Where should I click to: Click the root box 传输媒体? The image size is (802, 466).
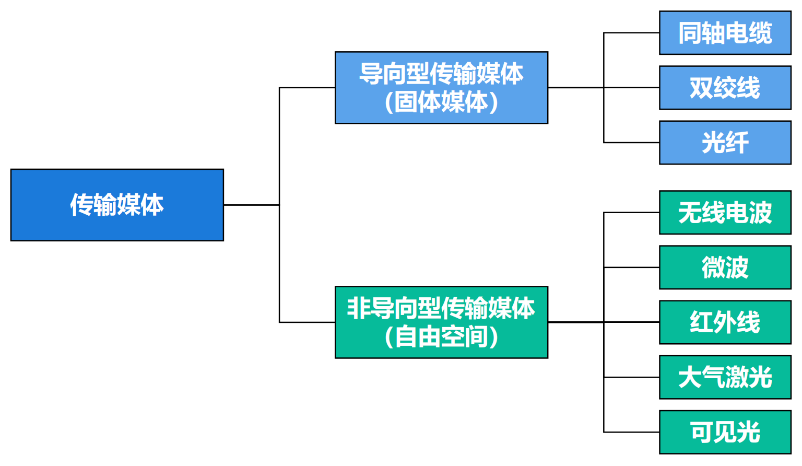(x=117, y=205)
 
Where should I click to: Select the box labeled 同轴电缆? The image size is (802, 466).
(x=725, y=33)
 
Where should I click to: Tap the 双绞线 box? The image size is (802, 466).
(x=725, y=88)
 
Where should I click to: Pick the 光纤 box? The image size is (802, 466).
(x=725, y=143)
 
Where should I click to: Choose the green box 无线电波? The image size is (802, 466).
(x=725, y=213)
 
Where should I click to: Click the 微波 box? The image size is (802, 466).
(x=725, y=267)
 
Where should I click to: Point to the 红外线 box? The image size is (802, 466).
(x=725, y=322)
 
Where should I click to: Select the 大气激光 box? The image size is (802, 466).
(x=725, y=377)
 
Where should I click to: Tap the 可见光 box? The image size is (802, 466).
(x=725, y=432)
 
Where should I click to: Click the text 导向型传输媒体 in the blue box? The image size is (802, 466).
(x=441, y=74)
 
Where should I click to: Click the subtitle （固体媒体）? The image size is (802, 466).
(x=441, y=102)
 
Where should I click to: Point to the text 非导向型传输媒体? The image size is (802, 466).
(x=441, y=308)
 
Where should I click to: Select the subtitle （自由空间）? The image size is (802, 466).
(x=441, y=336)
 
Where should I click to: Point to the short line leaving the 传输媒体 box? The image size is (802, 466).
(x=251, y=205)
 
